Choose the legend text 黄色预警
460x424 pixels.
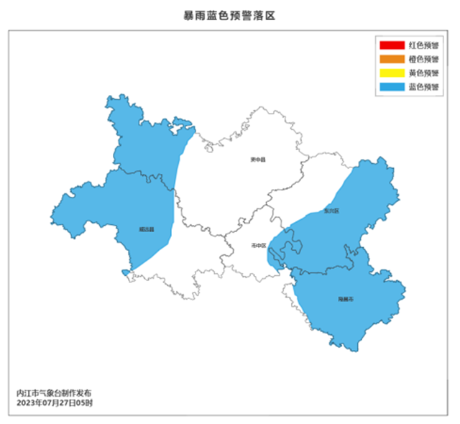pos(423,73)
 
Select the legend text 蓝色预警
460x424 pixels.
pos(423,87)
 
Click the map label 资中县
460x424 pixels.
pos(257,160)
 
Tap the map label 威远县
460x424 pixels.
pos(147,230)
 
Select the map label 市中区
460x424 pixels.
pos(259,245)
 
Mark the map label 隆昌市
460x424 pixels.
pos(346,298)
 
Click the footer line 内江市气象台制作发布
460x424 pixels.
pos(55,393)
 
